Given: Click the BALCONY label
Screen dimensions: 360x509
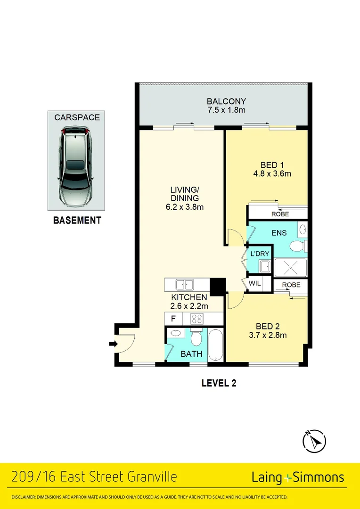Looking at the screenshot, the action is coord(226,101).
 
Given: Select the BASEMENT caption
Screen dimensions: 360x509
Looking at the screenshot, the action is coord(77,221).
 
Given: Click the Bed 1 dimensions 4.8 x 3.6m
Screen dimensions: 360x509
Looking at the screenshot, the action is coord(272,173).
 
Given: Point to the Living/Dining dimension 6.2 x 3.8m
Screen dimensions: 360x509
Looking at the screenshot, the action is coord(185,206).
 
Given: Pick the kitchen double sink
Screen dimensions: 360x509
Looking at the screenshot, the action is coord(184,285).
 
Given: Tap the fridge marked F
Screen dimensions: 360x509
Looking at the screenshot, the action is coord(173,319).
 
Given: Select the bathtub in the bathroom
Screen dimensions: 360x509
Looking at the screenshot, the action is coord(215,345).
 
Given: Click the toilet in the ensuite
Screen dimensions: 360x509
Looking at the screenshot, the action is coord(297,246).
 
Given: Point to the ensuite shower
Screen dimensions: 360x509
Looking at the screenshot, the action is coord(290,268).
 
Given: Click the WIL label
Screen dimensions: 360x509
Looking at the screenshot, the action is coord(254,283).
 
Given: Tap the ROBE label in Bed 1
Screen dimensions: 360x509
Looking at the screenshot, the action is coord(280,214).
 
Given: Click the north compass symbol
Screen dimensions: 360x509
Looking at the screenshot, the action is coord(314,441).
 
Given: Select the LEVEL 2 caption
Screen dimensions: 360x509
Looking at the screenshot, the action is coord(219,383).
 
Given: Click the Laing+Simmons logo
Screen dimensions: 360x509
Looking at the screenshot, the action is coord(298,477).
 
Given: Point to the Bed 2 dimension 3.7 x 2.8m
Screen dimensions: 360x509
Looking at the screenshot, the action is coord(268,335).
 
